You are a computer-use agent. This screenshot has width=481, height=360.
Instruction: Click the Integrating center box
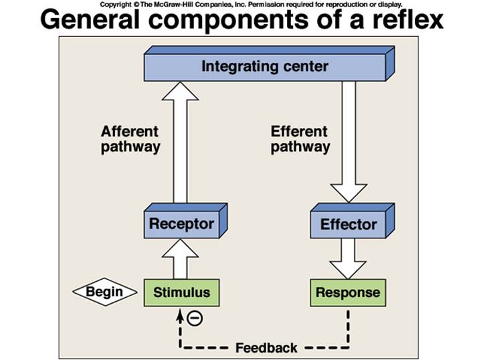265,66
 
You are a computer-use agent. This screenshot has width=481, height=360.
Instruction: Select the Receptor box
181,224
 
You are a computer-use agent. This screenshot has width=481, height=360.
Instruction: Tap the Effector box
348,224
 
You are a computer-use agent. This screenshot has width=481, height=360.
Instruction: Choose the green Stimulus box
181,292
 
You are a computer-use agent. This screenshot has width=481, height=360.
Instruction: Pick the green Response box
347,292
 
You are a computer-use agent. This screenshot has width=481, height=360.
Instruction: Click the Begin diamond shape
104,292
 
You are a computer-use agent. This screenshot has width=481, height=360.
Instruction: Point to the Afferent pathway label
130,139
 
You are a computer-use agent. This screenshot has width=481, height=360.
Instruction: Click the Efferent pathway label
300,139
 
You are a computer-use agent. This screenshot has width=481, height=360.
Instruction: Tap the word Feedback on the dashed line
266,348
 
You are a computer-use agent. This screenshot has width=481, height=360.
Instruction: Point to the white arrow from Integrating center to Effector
349,141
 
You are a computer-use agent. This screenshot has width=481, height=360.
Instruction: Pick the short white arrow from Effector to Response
348,259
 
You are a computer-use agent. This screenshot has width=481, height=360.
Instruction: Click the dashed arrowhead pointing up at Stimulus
179,314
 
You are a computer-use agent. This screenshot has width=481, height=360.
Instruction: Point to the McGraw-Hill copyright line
251,4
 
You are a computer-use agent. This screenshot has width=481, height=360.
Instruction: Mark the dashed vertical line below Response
348,328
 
